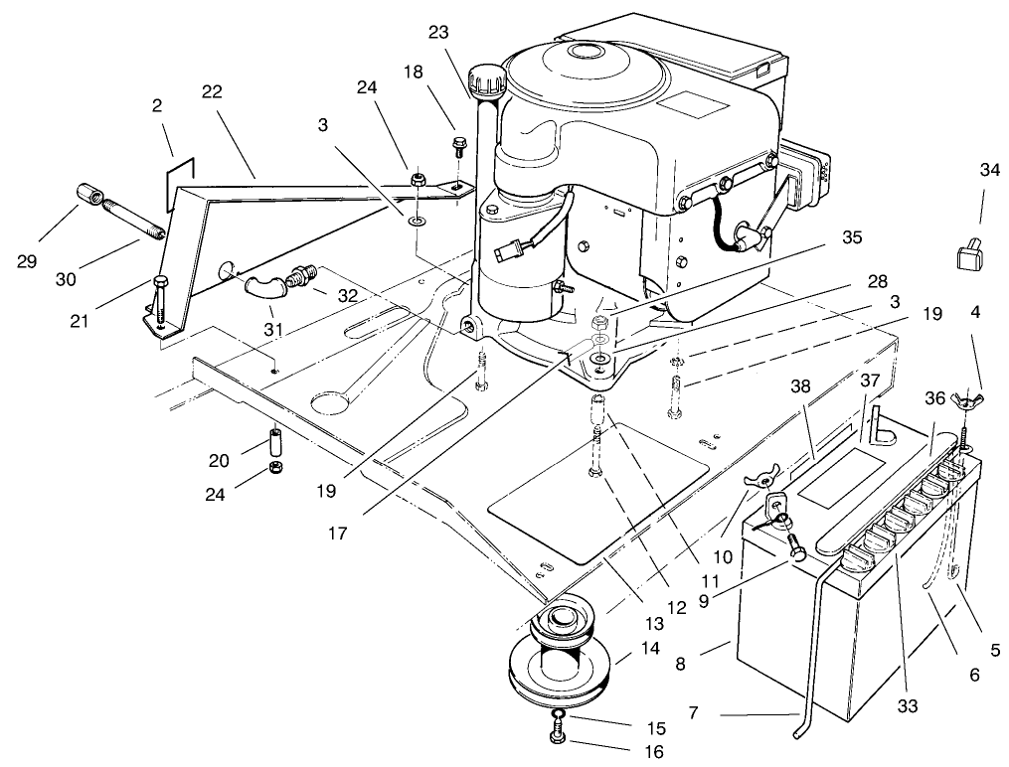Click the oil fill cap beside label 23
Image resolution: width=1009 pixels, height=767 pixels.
[486, 76]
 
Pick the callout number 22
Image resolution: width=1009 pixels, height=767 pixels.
[211, 91]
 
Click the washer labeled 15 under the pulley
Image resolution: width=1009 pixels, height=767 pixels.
[559, 716]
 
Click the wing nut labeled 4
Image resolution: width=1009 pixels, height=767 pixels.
[963, 400]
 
